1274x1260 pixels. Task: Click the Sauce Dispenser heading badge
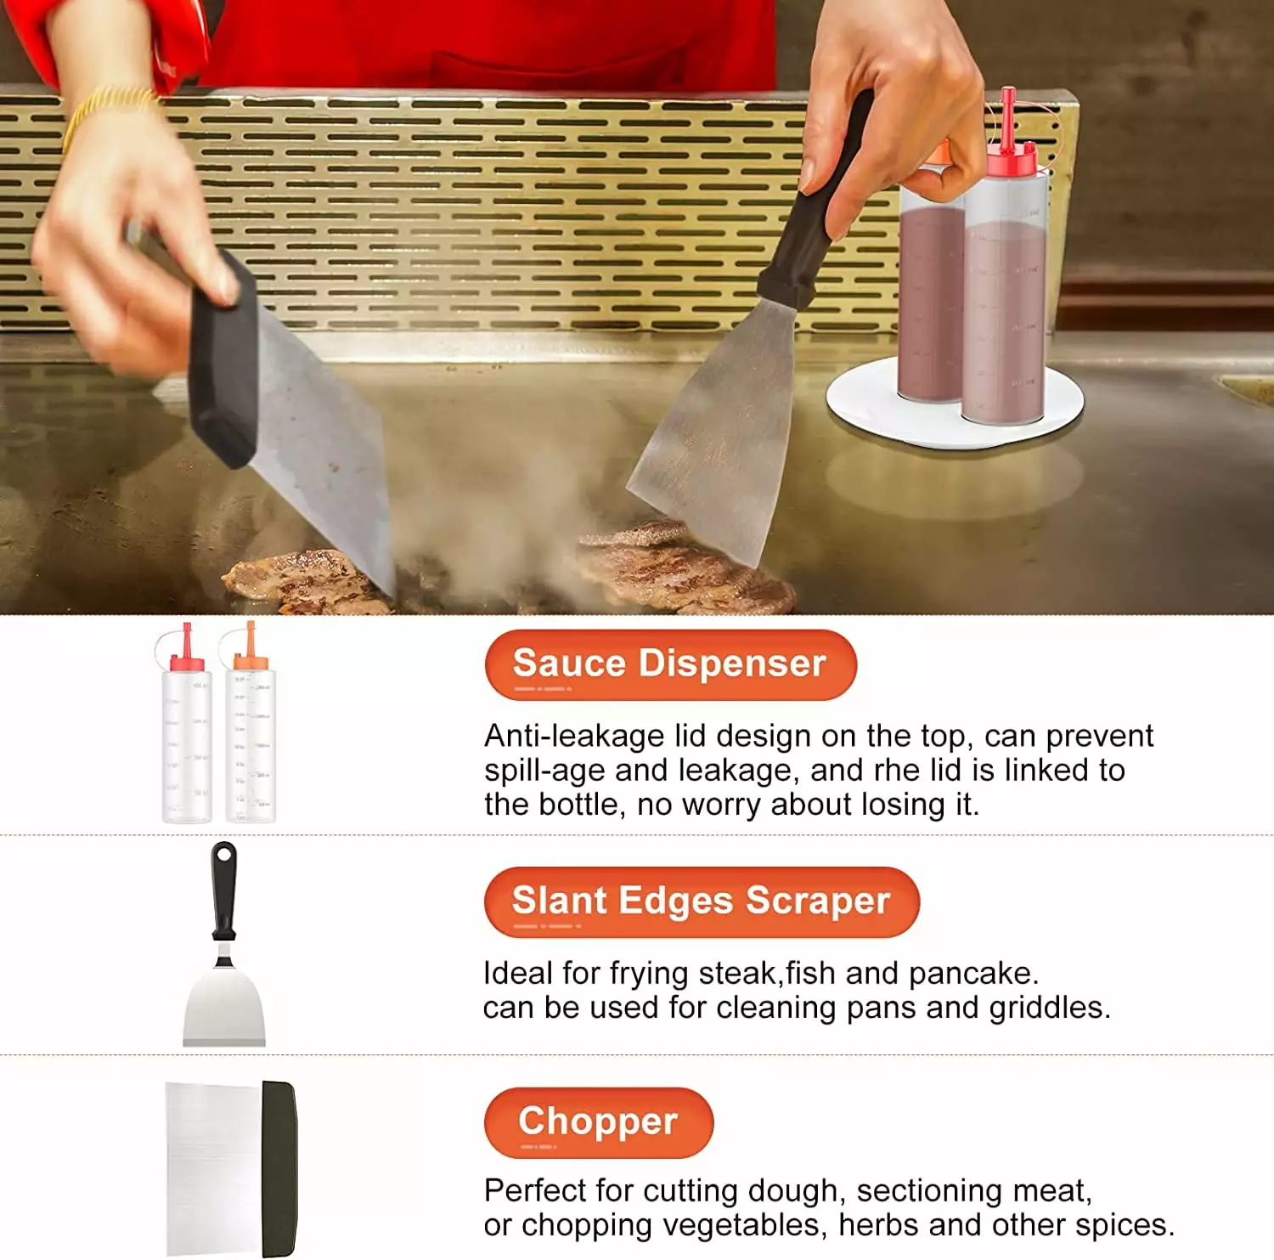[x=670, y=664]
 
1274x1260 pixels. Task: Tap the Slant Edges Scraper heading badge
[x=702, y=901]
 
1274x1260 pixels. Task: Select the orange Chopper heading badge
[x=599, y=1122]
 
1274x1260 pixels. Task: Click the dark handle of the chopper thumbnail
[x=279, y=1168]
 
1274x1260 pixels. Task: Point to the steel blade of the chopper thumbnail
[x=214, y=1168]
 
